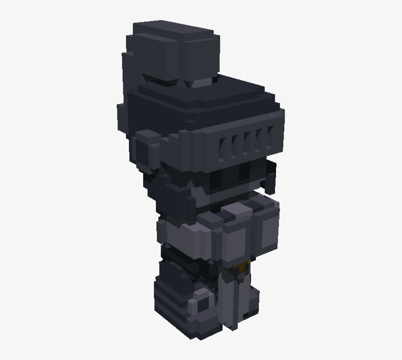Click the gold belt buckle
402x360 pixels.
pos(242,266)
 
